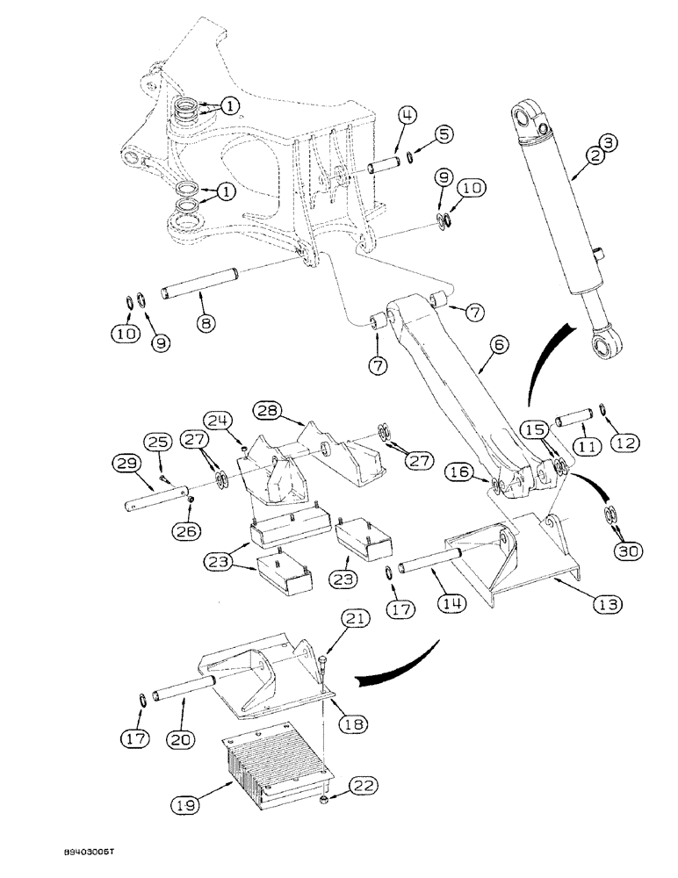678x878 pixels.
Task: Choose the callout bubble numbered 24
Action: (x=218, y=421)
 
